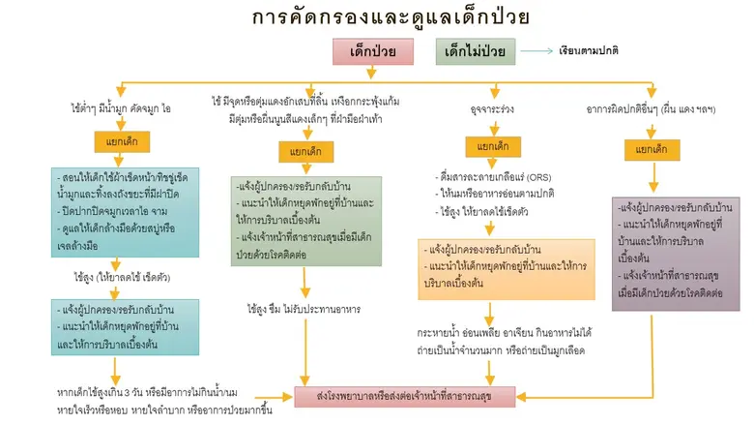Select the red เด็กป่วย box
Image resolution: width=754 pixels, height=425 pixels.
(x=372, y=51)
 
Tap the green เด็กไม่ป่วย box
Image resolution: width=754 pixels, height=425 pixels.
(x=475, y=51)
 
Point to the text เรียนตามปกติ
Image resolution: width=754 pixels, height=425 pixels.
(x=589, y=51)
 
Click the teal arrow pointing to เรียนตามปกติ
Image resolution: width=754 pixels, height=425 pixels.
(x=537, y=51)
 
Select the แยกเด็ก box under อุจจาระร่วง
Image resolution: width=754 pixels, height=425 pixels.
(x=487, y=147)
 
